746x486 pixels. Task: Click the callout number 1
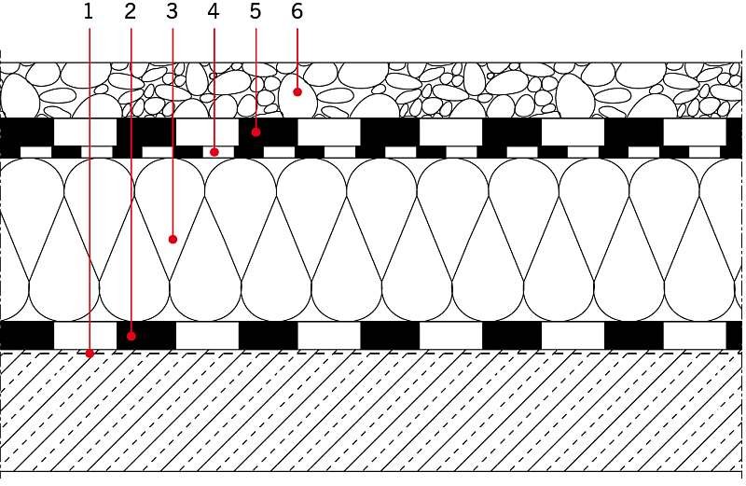coord(88,12)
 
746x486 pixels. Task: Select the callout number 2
coord(130,12)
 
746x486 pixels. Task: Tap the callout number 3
coord(172,12)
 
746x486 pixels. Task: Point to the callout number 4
coord(214,12)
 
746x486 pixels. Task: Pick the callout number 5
coord(256,12)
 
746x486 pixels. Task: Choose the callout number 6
coord(297,12)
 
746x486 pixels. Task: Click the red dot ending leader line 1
coord(90,354)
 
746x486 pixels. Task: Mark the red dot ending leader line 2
coord(131,336)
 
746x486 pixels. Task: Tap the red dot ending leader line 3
coord(173,239)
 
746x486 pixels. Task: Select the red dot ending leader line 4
coord(214,152)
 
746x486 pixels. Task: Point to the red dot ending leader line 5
coord(256,132)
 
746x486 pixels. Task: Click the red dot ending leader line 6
coord(297,91)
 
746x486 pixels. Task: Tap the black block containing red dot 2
coord(146,336)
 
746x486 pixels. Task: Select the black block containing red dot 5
coord(269,132)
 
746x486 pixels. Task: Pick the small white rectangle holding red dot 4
coord(218,152)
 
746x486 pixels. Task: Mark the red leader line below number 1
coord(89,189)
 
